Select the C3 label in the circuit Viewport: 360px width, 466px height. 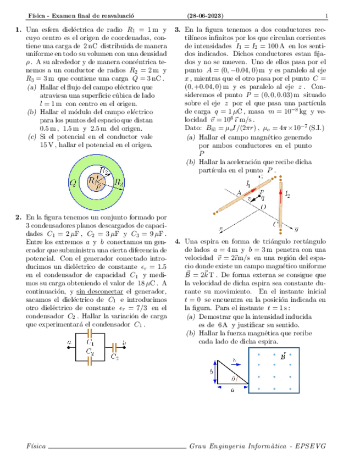(114, 357)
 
